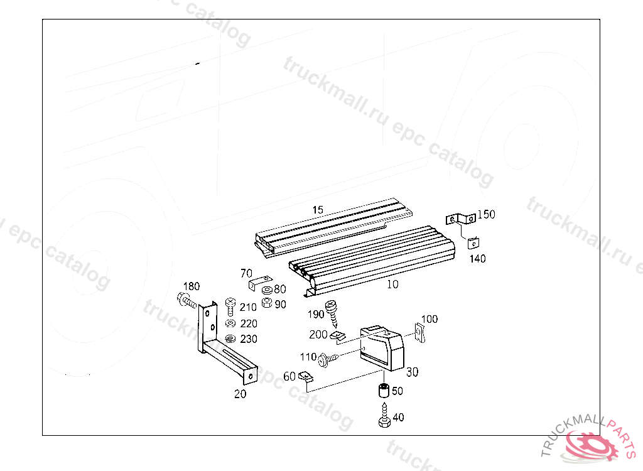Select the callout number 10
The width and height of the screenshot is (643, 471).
pyautogui.click(x=392, y=284)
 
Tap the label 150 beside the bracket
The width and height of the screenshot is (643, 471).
pyautogui.click(x=486, y=215)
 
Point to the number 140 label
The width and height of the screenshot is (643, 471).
pyautogui.click(x=477, y=258)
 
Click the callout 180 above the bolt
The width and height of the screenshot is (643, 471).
pyautogui.click(x=191, y=286)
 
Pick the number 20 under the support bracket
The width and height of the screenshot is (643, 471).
pyautogui.click(x=240, y=394)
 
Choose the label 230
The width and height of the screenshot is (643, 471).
pyautogui.click(x=249, y=339)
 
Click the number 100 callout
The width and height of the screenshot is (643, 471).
pyautogui.click(x=430, y=319)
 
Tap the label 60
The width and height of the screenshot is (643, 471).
pyautogui.click(x=289, y=376)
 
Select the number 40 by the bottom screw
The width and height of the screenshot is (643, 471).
pyautogui.click(x=399, y=417)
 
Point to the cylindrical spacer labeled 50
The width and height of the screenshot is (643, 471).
pyautogui.click(x=381, y=391)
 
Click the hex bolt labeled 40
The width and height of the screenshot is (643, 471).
pyautogui.click(x=383, y=417)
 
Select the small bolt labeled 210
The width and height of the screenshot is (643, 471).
pyautogui.click(x=230, y=307)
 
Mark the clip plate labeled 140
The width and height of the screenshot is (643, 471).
pyautogui.click(x=476, y=242)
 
